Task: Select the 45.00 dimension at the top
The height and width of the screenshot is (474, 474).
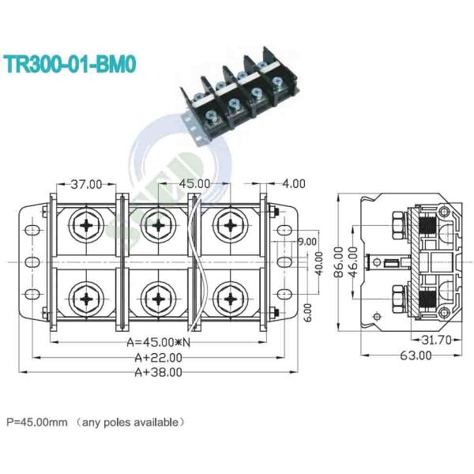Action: click(189, 184)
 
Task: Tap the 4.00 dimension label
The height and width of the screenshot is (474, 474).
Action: click(293, 184)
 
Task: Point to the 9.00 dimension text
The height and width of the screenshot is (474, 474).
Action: click(307, 242)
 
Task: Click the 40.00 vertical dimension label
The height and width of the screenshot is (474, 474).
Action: click(319, 261)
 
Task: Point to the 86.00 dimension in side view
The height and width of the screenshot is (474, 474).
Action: click(337, 261)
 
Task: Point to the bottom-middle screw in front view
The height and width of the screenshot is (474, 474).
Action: click(158, 298)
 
